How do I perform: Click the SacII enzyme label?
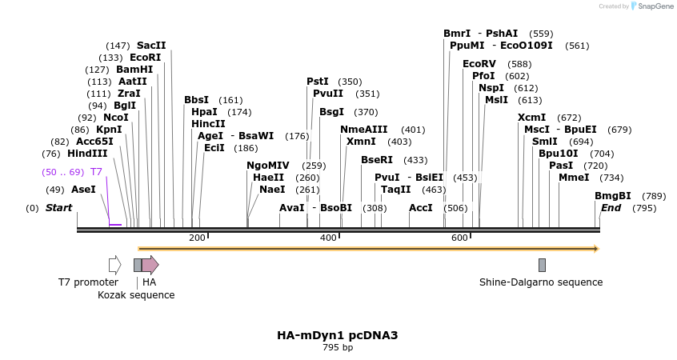[151, 46]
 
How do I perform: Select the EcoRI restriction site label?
[145, 58]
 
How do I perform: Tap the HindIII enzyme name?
[87, 154]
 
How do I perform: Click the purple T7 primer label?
[96, 172]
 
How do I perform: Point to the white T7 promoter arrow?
[114, 265]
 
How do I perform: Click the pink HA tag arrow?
[150, 265]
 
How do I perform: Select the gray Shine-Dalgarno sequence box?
[542, 265]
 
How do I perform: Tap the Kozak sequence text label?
[136, 294]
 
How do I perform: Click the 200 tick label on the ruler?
[197, 238]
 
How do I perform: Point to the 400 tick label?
[328, 238]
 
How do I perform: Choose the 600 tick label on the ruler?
[459, 238]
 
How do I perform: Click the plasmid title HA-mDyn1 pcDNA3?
[337, 335]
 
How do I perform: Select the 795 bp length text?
[337, 348]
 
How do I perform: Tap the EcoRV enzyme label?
[479, 63]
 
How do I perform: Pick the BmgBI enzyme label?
[612, 196]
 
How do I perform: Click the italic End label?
[611, 208]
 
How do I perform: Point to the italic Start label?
[58, 208]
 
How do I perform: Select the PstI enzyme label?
[318, 82]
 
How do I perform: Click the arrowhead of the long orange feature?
[595, 249]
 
